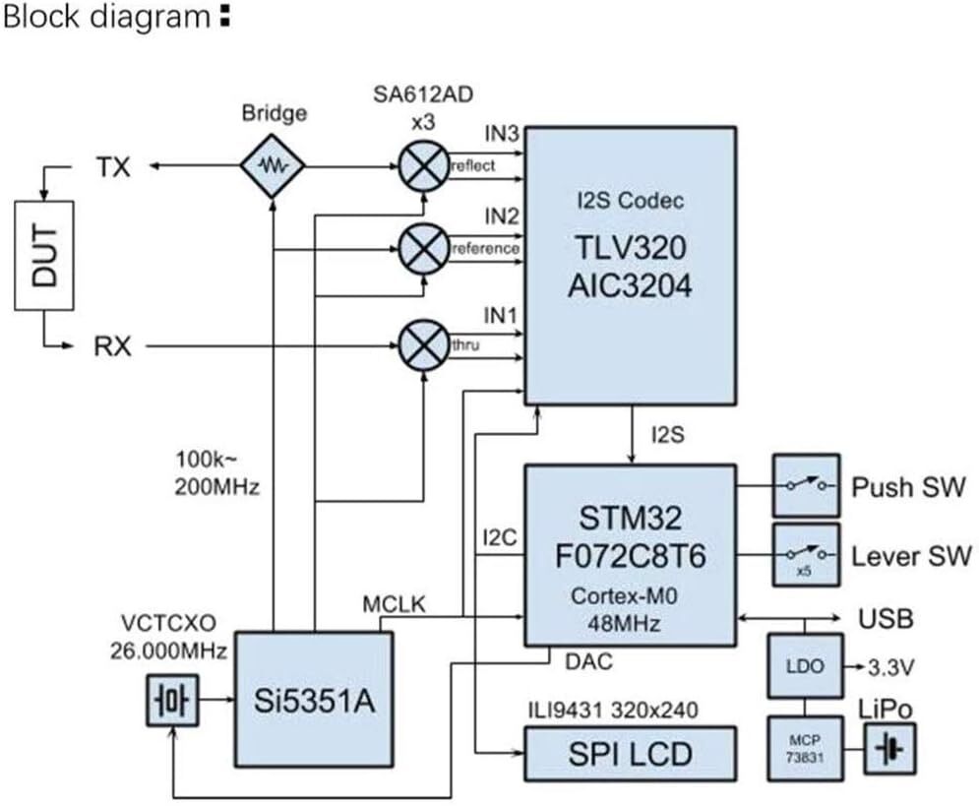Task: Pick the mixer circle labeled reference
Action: click(x=424, y=248)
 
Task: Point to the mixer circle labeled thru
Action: click(x=424, y=345)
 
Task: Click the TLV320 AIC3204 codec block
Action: click(x=630, y=265)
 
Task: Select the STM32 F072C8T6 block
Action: click(x=630, y=556)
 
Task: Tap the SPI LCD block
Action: click(x=630, y=753)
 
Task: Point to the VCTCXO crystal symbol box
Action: click(x=172, y=701)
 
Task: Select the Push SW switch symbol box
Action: click(x=806, y=486)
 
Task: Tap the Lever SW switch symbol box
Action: click(x=806, y=556)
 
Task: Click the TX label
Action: click(x=112, y=167)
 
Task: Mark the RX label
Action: click(x=112, y=346)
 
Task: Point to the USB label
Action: click(x=886, y=619)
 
